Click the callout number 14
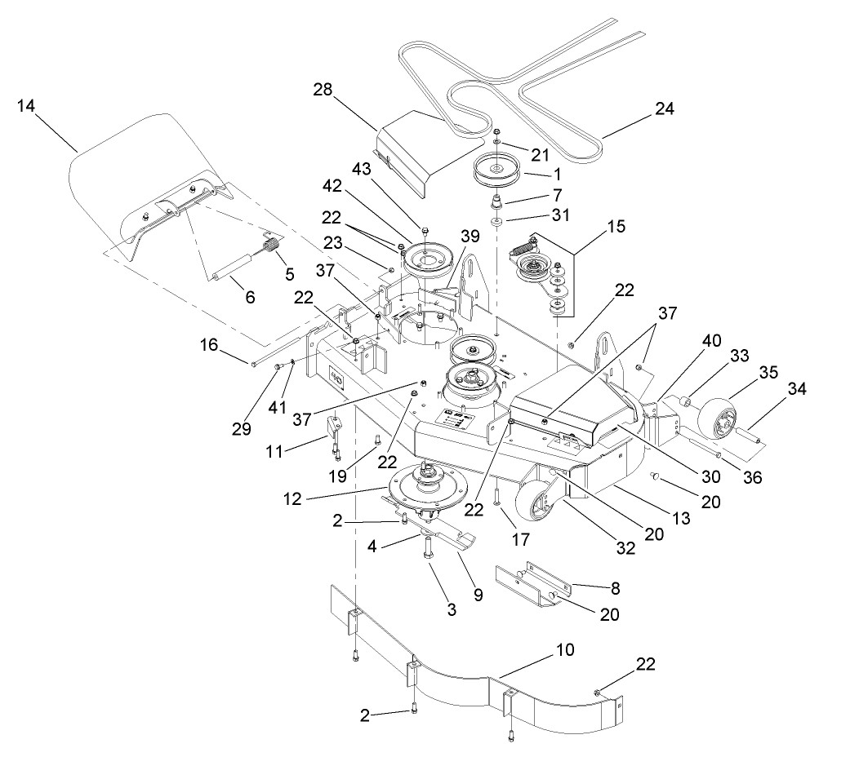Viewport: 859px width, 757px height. pyautogui.click(x=26, y=105)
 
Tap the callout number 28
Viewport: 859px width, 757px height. pyautogui.click(x=323, y=89)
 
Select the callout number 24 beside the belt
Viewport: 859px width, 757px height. pyautogui.click(x=665, y=108)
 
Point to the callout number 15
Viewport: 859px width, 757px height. pyautogui.click(x=616, y=226)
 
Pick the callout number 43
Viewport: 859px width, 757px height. pyautogui.click(x=362, y=169)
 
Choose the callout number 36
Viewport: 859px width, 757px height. pyautogui.click(x=753, y=477)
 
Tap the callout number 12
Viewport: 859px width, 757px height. pyautogui.click(x=292, y=498)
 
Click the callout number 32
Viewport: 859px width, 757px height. pyautogui.click(x=625, y=548)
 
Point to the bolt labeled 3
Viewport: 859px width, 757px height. pyautogui.click(x=428, y=548)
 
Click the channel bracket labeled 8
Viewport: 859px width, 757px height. pyautogui.click(x=533, y=583)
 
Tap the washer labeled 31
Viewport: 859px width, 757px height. pyautogui.click(x=497, y=221)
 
